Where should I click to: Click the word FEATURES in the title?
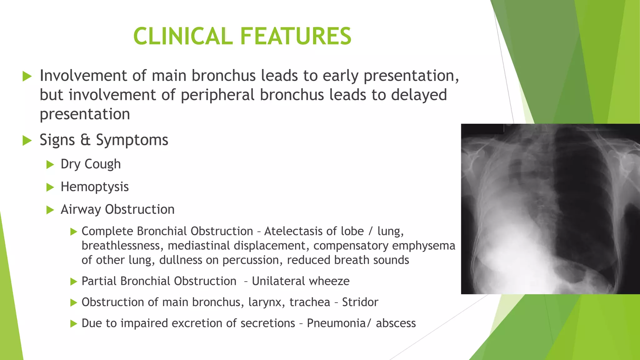[x=296, y=36]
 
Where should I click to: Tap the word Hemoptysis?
[x=95, y=187]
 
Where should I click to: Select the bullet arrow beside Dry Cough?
[x=50, y=164]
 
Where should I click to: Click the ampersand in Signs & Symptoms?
[x=85, y=140]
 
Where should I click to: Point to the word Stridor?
[x=360, y=302]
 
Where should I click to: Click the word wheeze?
[x=332, y=281]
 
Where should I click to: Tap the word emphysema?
[x=423, y=246]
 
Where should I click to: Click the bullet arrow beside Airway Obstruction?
[x=50, y=210]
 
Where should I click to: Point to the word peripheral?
[x=217, y=95]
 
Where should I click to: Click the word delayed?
[x=419, y=95]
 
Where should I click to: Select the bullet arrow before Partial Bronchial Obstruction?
[x=73, y=282]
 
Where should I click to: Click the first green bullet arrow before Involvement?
[x=27, y=76]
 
